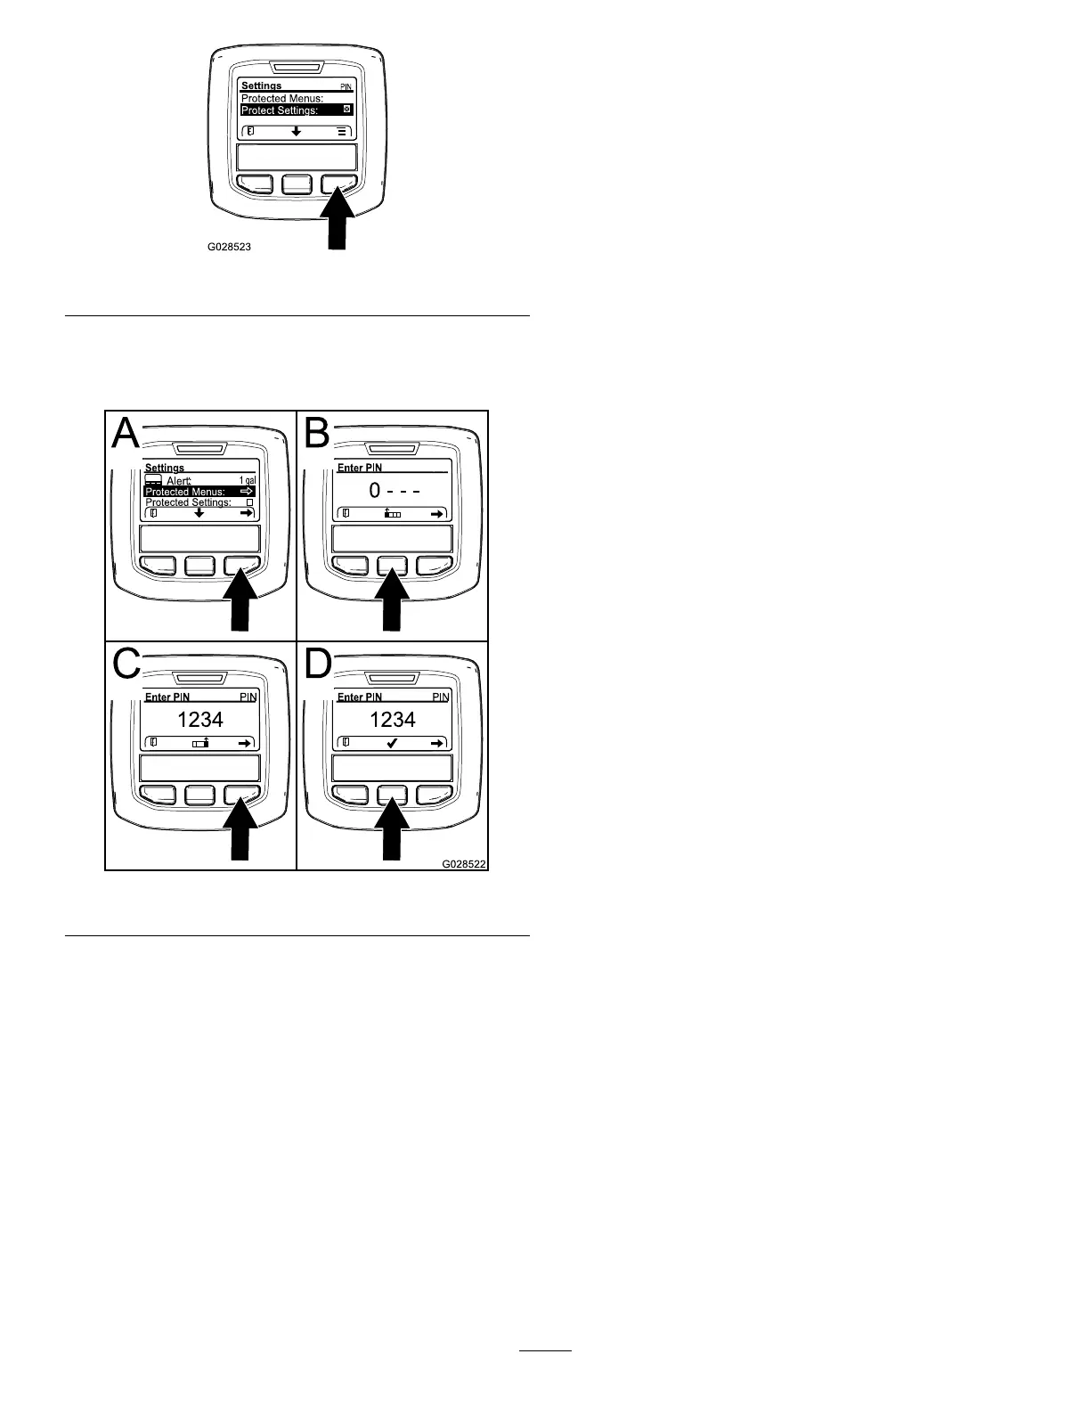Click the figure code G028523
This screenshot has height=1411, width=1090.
tap(230, 247)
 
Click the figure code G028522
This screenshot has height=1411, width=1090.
tap(465, 863)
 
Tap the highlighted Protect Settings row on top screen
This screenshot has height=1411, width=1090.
tap(297, 110)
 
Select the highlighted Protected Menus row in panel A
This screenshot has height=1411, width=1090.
tap(199, 492)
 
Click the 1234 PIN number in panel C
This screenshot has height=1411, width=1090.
tap(200, 719)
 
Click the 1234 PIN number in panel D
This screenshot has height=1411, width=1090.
tap(393, 719)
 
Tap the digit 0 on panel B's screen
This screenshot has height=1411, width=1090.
tap(375, 491)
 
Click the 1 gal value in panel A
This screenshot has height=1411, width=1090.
tap(247, 481)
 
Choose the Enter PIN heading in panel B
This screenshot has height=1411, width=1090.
tap(360, 468)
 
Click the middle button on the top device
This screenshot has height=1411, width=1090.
tap(297, 184)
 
